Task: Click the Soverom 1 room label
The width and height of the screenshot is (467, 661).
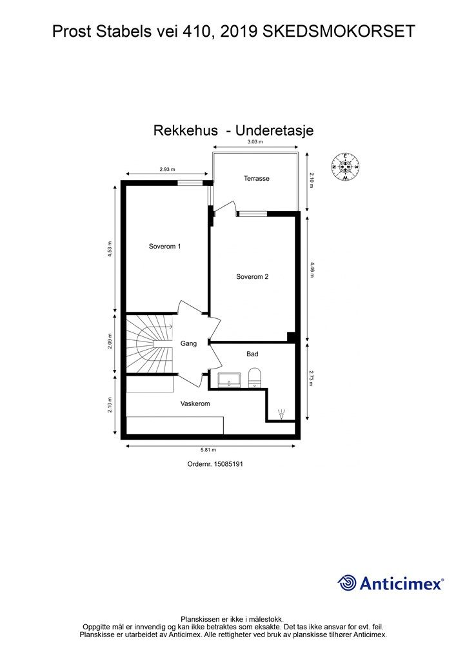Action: [x=164, y=246]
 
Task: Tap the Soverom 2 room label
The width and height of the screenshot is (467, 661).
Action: [x=252, y=276]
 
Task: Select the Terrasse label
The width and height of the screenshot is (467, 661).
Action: [x=257, y=178]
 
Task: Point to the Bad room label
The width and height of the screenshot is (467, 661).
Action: [x=252, y=354]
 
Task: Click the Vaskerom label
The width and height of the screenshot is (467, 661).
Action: [x=195, y=403]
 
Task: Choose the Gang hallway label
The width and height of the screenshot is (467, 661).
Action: [x=188, y=343]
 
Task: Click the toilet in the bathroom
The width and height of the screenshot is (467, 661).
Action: [x=255, y=377]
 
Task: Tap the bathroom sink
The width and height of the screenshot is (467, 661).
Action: [x=229, y=380]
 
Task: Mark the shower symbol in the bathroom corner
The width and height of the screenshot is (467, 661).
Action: [x=281, y=414]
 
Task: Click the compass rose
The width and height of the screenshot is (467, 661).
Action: [x=345, y=167]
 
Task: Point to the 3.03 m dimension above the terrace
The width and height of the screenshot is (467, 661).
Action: [x=255, y=141]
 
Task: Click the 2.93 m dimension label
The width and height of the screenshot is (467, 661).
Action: [x=167, y=170]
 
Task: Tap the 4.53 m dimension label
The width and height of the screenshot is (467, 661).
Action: [x=110, y=249]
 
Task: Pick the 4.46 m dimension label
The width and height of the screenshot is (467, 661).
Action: [x=312, y=270]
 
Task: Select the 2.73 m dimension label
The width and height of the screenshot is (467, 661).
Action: [x=312, y=378]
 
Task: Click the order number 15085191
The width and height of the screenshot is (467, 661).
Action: [x=228, y=463]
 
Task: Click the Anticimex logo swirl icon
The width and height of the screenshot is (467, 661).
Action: [x=347, y=583]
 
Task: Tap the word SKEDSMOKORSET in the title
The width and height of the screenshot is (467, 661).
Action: [x=339, y=32]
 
